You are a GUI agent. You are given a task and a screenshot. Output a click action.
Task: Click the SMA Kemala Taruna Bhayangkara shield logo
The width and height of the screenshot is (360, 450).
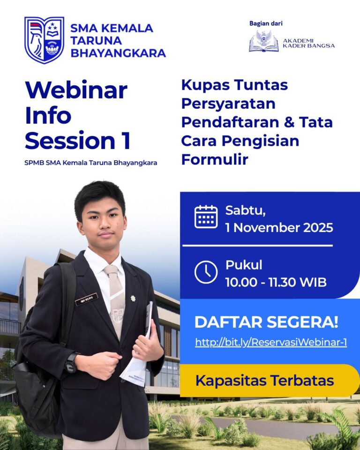44,40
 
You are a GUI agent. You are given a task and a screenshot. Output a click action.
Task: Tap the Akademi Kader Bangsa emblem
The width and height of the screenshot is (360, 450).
263,42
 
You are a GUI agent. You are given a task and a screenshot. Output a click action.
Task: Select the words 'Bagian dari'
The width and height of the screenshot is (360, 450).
266,23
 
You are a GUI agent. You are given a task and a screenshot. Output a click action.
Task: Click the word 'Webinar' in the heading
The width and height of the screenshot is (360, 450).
76,90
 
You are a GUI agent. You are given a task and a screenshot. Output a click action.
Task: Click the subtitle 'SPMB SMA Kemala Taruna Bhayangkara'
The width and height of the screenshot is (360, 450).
91,163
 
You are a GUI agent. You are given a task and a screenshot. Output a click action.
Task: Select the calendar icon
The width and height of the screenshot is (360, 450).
206,217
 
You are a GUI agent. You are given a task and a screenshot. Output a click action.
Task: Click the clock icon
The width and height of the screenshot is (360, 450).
206,272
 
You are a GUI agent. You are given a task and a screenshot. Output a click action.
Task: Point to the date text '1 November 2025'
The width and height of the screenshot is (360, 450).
279,228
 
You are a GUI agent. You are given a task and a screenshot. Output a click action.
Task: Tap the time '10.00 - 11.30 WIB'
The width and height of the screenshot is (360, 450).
276,283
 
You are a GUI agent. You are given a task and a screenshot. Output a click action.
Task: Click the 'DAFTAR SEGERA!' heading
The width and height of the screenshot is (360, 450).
266,322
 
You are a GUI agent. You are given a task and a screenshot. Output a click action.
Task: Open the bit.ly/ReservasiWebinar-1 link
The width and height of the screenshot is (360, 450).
271,342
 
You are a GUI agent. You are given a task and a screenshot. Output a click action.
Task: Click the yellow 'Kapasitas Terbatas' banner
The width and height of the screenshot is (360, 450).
265,380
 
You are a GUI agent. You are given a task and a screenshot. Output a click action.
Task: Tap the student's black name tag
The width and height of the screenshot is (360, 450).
86,299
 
